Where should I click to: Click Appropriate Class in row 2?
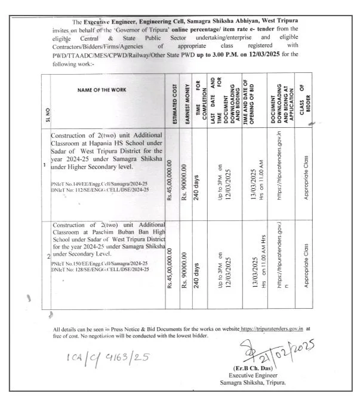point(306,266)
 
